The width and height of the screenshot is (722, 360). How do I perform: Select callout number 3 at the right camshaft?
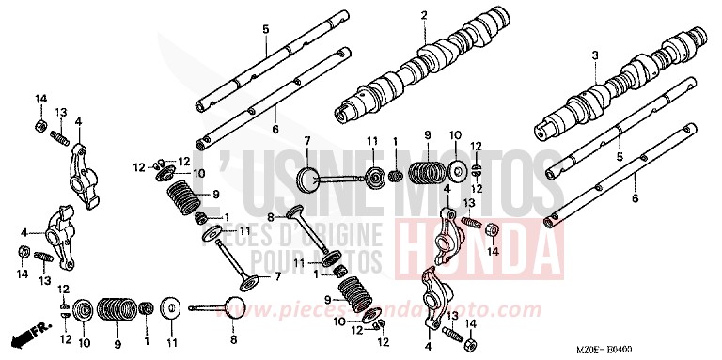tap(594, 58)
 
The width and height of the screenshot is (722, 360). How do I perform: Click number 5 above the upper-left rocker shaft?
tap(265, 30)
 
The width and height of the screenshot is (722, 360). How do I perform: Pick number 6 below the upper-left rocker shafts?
tap(275, 129)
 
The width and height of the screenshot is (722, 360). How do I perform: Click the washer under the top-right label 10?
tap(457, 172)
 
